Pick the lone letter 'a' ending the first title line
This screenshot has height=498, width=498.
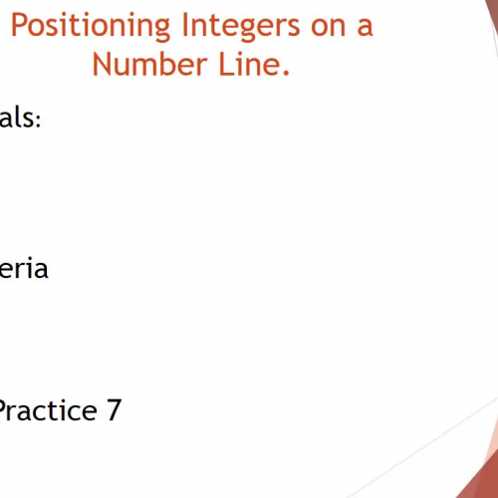point(365,27)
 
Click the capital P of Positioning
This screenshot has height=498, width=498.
point(19,24)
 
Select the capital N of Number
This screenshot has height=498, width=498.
point(101,64)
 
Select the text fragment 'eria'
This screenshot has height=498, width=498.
point(23,269)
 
